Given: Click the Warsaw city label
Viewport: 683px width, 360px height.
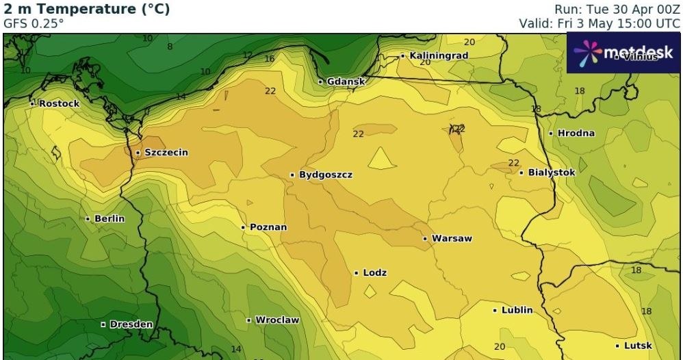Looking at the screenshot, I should click(x=452, y=239).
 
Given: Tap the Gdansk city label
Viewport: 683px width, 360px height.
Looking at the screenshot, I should click(x=346, y=81).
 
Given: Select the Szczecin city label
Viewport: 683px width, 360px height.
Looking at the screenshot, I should click(x=165, y=153).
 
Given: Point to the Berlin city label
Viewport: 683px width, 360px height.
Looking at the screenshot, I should click(x=109, y=219).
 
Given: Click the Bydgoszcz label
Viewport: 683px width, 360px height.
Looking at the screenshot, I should click(x=326, y=175).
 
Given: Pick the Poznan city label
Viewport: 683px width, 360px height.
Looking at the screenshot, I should click(x=268, y=227).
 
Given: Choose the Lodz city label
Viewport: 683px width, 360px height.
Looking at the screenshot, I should click(x=374, y=273).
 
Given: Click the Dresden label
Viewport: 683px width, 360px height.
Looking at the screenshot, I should click(x=131, y=324).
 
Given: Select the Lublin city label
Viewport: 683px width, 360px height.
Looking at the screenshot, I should click(x=517, y=310).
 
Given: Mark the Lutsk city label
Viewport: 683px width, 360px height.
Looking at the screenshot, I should click(x=637, y=346).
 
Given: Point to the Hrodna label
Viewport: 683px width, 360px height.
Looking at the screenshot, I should click(x=576, y=133).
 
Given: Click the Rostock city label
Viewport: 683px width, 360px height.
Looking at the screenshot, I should click(x=59, y=104).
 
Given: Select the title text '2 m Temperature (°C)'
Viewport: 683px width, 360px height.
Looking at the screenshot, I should click(x=87, y=10).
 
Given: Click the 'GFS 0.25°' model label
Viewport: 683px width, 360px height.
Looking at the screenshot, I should click(x=34, y=23).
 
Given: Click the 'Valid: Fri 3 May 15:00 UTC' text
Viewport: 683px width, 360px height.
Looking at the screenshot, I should click(x=600, y=23).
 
